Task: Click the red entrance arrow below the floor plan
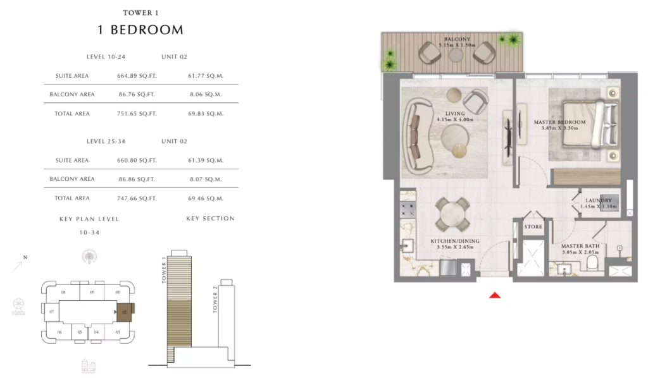pyautogui.click(x=495, y=295)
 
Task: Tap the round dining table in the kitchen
pyautogui.click(x=452, y=214)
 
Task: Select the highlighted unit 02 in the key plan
pyautogui.click(x=125, y=312)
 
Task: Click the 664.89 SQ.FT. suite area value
pyautogui.click(x=137, y=76)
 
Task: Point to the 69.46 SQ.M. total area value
pyautogui.click(x=206, y=198)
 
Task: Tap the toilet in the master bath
pyautogui.click(x=592, y=263)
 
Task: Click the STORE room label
pyautogui.click(x=533, y=226)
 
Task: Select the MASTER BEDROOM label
pyautogui.click(x=559, y=122)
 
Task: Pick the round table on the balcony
pyautogui.click(x=456, y=55)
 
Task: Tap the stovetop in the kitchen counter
pyautogui.click(x=408, y=210)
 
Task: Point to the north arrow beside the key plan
pyautogui.click(x=17, y=267)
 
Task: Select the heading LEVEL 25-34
pyautogui.click(x=106, y=141)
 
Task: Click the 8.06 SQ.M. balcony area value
pyautogui.click(x=206, y=95)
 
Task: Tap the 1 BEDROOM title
pyautogui.click(x=140, y=30)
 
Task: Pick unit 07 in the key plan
pyautogui.click(x=52, y=312)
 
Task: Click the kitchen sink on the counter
pyautogui.click(x=407, y=246)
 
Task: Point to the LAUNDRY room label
pyautogui.click(x=599, y=200)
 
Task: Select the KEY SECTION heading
pyautogui.click(x=210, y=218)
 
